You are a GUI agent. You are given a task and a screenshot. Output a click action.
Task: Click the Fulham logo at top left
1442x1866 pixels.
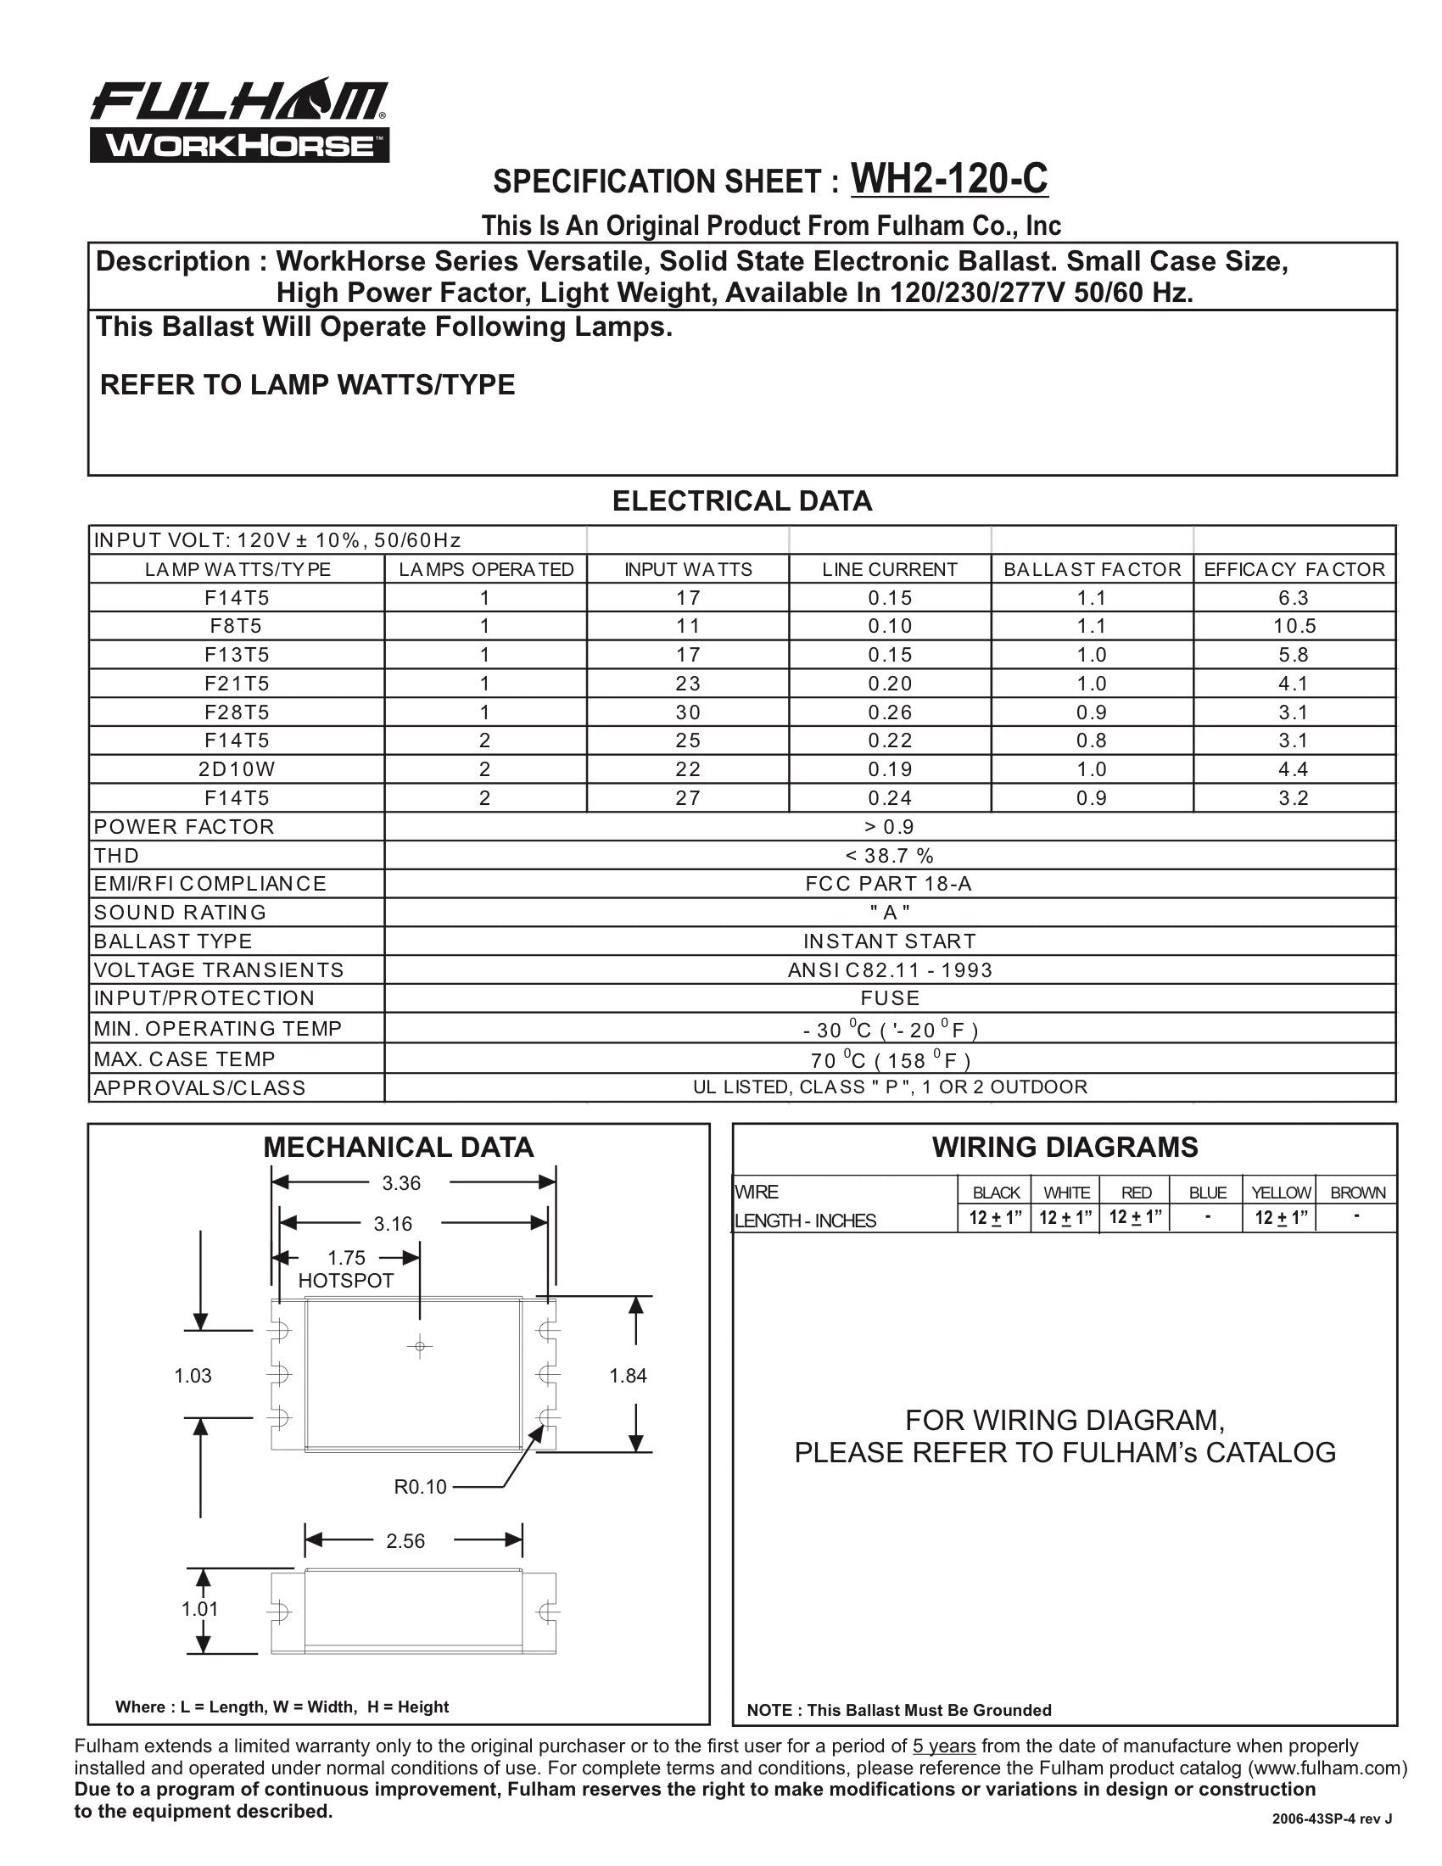click(239, 121)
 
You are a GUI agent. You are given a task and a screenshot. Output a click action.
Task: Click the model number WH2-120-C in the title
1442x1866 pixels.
click(949, 179)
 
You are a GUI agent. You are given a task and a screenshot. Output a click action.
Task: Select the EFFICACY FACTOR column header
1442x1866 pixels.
click(1294, 569)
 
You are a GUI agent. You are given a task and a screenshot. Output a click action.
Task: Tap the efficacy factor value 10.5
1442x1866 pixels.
click(1294, 626)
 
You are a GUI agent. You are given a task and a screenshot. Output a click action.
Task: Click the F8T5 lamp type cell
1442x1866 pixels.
click(237, 626)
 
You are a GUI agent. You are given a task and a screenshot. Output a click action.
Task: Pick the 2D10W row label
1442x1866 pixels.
click(237, 769)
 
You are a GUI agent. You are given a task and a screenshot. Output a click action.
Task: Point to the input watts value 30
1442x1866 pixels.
click(688, 712)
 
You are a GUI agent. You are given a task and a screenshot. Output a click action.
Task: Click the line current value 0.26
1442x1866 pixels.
click(890, 712)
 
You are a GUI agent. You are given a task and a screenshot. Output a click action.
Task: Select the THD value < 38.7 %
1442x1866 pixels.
click(890, 855)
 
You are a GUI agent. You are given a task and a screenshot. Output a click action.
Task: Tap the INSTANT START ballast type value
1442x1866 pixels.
click(890, 941)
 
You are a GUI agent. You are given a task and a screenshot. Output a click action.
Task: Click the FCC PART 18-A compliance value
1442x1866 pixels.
click(890, 884)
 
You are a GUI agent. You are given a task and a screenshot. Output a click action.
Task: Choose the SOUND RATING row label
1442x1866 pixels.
click(180, 913)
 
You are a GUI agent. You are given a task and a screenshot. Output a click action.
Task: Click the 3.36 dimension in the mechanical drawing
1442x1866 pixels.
click(401, 1183)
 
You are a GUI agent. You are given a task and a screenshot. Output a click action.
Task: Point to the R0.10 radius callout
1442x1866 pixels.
click(420, 1488)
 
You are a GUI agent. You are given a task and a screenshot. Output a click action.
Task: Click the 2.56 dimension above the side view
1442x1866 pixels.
click(405, 1541)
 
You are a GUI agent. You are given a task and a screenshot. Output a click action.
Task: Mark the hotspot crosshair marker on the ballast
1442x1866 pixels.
click(419, 1348)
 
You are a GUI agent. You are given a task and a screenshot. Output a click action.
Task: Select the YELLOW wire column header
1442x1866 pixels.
click(1281, 1193)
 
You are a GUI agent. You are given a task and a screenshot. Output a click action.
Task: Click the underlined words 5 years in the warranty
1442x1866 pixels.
click(944, 1746)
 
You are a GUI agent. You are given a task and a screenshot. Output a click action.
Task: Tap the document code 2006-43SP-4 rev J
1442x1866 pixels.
click(1332, 1842)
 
